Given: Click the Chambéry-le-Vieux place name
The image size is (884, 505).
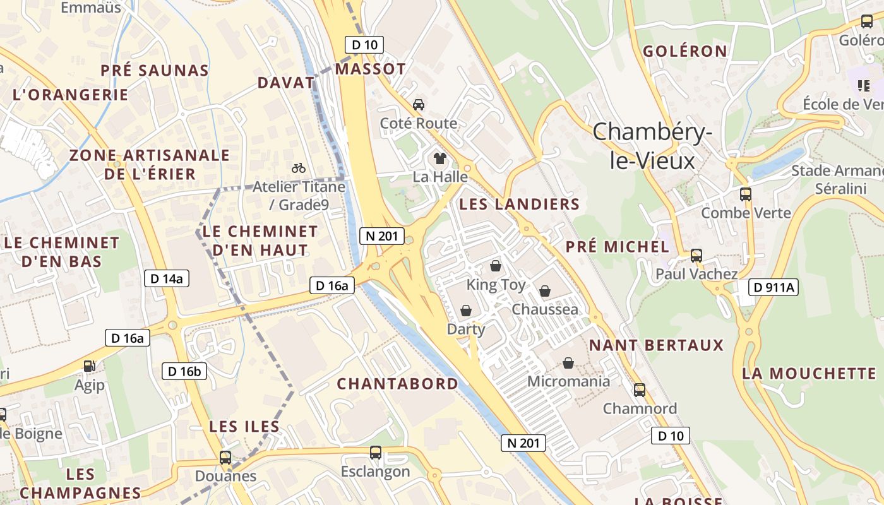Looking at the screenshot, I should pyautogui.click(x=652, y=146).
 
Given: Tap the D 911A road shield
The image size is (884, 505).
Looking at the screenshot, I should pyautogui.click(x=773, y=288).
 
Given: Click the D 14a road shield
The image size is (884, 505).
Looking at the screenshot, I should pyautogui.click(x=167, y=278).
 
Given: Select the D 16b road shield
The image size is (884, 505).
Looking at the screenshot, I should pyautogui.click(x=184, y=371).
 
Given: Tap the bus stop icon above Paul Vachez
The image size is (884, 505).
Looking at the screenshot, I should pyautogui.click(x=696, y=256).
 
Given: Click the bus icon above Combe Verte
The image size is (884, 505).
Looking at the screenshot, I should pyautogui.click(x=746, y=194).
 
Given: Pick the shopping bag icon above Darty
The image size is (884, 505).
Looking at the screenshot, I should pyautogui.click(x=466, y=311).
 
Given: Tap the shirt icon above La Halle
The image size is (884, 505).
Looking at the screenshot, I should pyautogui.click(x=440, y=158).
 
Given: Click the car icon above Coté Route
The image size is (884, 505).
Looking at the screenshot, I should pyautogui.click(x=418, y=104).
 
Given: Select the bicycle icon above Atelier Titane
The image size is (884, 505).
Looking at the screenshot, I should pyautogui.click(x=299, y=168).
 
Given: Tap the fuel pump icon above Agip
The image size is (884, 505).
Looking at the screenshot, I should pyautogui.click(x=90, y=366).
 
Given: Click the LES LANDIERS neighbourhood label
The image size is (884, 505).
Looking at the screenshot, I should pyautogui.click(x=519, y=204).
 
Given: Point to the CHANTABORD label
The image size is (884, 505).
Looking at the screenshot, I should pyautogui.click(x=397, y=384).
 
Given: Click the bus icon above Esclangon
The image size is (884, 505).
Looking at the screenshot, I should pyautogui.click(x=376, y=453).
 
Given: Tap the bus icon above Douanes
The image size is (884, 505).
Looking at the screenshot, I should pyautogui.click(x=225, y=457).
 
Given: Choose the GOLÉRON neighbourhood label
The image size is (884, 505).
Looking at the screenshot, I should pyautogui.click(x=685, y=51).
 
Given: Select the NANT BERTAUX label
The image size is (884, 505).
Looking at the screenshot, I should pyautogui.click(x=656, y=345).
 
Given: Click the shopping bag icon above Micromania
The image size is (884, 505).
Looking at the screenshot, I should pyautogui.click(x=568, y=363).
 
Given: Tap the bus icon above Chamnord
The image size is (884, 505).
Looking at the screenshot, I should pyautogui.click(x=640, y=390).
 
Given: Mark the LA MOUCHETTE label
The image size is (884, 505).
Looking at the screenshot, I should pyautogui.click(x=809, y=373).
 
